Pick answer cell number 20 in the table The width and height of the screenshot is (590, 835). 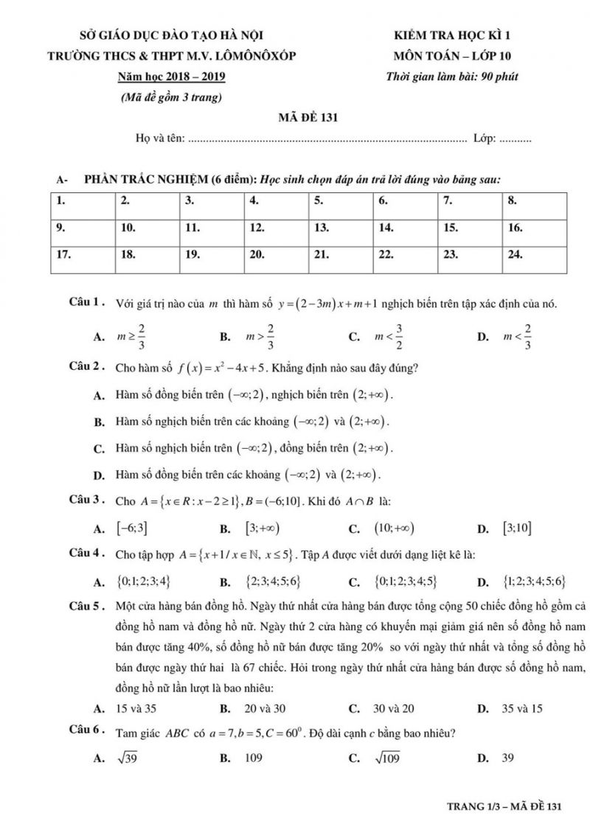point(276,255)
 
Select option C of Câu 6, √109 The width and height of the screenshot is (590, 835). point(385,758)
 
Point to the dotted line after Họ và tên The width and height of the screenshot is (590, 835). point(327,138)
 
